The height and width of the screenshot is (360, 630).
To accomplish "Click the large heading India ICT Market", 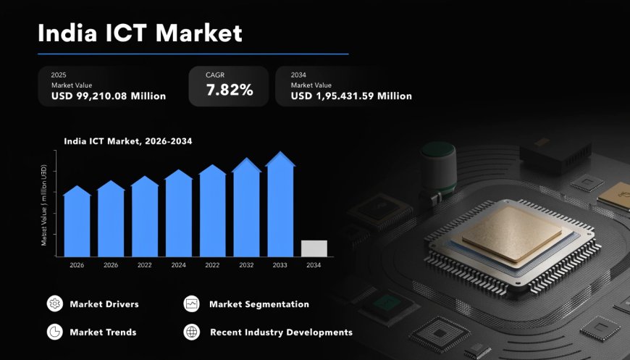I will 140,33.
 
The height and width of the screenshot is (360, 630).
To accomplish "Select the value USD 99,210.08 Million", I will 109,96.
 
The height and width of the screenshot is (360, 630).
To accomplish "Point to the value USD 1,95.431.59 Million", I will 351,96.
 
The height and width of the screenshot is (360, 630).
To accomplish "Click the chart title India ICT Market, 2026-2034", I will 127,141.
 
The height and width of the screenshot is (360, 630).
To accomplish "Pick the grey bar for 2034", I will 314,248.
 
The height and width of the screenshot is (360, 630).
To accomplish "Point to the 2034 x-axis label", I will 314,265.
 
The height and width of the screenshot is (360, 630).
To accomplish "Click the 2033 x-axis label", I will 280,265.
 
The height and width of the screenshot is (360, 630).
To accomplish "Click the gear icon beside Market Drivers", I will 54,304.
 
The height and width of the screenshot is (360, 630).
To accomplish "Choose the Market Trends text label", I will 103,332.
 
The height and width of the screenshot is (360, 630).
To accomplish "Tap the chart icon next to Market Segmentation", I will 191,304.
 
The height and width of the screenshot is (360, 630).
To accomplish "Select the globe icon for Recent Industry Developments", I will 191,332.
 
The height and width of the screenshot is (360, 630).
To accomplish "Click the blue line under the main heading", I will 193,54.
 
